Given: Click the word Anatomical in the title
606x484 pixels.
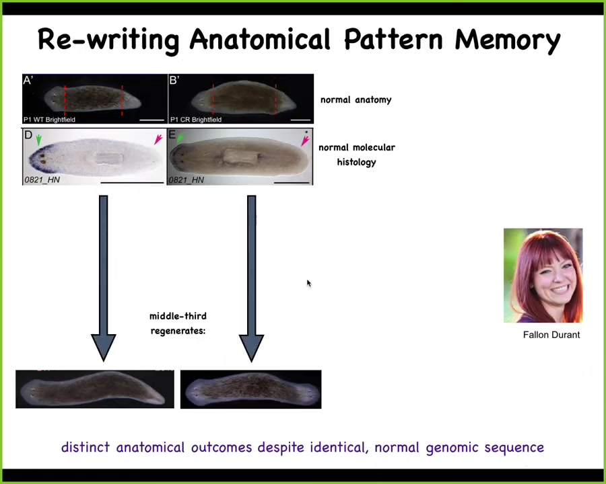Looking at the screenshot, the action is [260, 39].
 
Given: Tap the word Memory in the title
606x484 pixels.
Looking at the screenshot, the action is [508, 40].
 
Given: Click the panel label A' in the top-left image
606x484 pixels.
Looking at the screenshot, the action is [28, 80].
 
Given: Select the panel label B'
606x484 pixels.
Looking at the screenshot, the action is [174, 80].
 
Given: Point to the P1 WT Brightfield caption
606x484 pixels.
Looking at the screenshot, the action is [49, 120].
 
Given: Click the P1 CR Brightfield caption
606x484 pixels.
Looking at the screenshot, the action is [196, 120].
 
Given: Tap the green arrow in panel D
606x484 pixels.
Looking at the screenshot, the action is [38, 140].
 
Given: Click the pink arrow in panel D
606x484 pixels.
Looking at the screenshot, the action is [158, 139].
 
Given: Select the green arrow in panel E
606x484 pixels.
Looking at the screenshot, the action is [180, 137].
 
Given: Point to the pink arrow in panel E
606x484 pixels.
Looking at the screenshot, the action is [305, 141].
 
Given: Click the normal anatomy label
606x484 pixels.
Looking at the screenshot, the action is [356, 100].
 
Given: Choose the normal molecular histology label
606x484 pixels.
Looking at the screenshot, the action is [357, 155].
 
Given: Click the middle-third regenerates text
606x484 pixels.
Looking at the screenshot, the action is [178, 323].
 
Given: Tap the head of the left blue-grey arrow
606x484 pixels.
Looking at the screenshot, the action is [103, 347].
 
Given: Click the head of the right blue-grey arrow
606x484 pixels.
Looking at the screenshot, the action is [251, 347].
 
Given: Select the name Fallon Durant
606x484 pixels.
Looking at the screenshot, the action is [551, 335].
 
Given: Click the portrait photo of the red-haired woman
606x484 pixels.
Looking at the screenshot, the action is [543, 275].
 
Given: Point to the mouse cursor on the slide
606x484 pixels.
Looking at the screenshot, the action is [309, 283].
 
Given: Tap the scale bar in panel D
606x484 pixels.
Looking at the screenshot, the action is [132, 183].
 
